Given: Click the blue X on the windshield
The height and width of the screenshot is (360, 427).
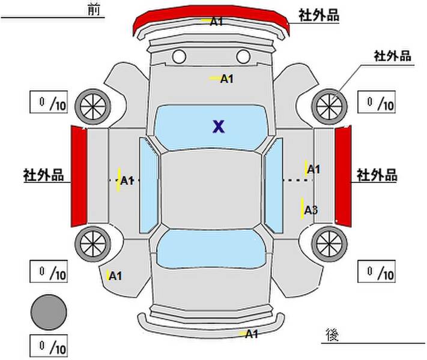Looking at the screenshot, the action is (219, 127).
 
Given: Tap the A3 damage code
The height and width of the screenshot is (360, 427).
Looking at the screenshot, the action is (310, 210).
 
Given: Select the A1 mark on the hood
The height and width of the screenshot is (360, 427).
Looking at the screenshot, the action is (226, 79).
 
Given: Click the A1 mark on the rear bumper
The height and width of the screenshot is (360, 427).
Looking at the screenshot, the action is (252, 334).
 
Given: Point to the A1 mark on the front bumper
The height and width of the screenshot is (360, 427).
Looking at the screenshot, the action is (217, 21).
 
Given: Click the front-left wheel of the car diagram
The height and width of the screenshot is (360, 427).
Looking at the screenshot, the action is (93, 106).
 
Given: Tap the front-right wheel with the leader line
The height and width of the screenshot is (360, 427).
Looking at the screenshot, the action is (329, 106).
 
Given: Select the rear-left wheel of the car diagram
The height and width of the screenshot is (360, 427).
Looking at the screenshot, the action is (93, 244).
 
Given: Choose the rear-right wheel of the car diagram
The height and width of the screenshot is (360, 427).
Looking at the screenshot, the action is (329, 244).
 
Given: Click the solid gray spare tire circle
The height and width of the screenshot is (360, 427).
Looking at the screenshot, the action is (49, 312).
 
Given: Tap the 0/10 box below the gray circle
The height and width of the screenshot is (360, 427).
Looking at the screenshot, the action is (49, 346).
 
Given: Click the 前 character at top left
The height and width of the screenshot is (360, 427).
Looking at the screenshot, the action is (94, 10).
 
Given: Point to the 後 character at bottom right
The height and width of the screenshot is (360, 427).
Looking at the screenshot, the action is (332, 335).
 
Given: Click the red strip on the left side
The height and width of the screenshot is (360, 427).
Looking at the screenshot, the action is (79, 176).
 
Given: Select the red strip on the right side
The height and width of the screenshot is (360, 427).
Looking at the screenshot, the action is (343, 176).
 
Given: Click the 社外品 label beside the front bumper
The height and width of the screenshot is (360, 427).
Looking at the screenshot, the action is (319, 15).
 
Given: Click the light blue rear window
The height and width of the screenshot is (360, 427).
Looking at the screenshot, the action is (211, 248).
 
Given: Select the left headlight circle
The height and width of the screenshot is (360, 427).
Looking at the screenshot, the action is (179, 56).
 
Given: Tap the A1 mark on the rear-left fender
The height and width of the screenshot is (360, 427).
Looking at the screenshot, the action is (115, 276).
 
